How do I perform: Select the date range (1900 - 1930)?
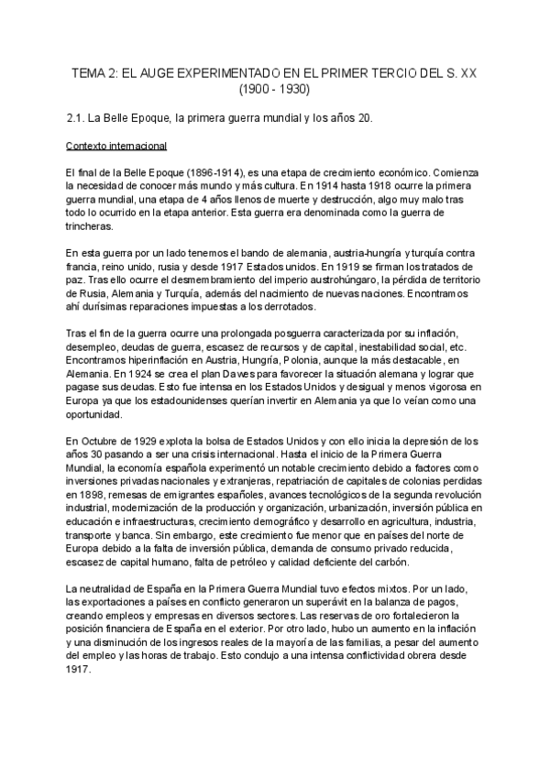pyautogui.click(x=275, y=90)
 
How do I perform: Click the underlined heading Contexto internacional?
pyautogui.click(x=116, y=146)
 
